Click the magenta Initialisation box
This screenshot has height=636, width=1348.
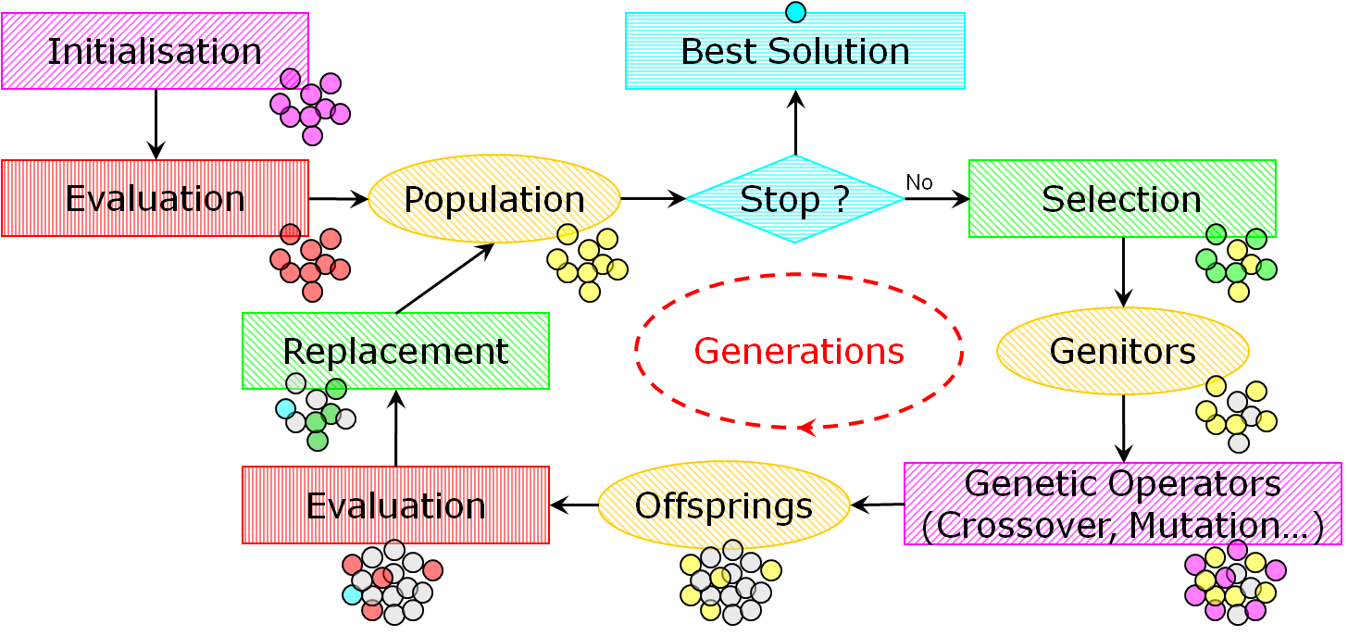(x=155, y=51)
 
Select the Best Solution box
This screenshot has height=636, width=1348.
(x=795, y=51)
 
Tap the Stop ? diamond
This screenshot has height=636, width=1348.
(x=795, y=199)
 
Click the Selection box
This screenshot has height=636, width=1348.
(x=1122, y=198)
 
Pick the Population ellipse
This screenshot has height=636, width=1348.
(x=494, y=199)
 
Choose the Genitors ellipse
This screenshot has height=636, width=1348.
(x=1122, y=351)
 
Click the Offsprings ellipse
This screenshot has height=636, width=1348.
(x=724, y=505)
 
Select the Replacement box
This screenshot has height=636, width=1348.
(x=395, y=351)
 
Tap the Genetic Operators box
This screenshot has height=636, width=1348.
(x=1122, y=504)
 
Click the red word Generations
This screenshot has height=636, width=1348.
(x=798, y=351)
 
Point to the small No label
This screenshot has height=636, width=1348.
(x=919, y=182)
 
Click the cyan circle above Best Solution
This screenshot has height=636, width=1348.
(x=795, y=12)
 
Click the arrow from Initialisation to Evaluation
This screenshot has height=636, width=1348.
(x=156, y=124)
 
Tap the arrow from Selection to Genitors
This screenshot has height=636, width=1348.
(x=1123, y=272)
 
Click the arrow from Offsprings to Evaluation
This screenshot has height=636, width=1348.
(x=574, y=505)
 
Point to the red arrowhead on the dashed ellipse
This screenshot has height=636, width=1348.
(x=806, y=428)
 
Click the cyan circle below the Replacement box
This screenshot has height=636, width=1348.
(x=286, y=408)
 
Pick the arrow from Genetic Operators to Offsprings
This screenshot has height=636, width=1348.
(x=877, y=505)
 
